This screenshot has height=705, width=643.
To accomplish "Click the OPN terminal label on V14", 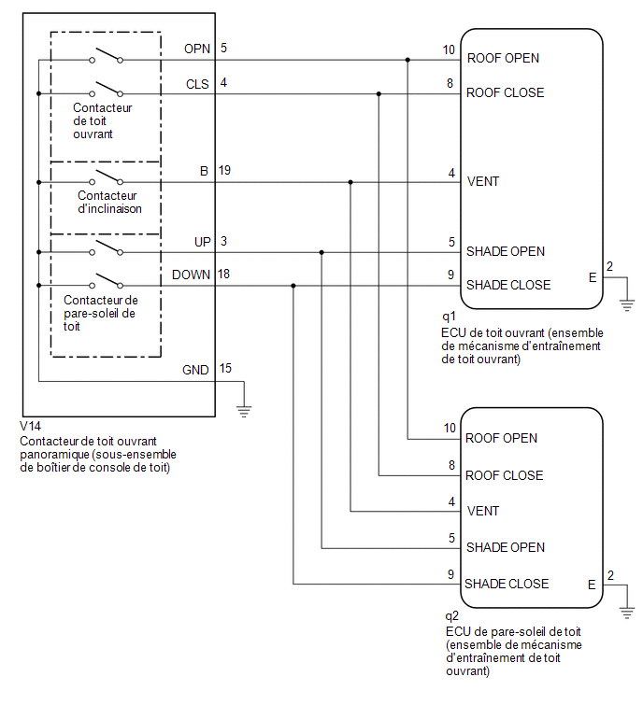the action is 197,49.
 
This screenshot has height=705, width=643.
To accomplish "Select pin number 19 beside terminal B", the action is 224,170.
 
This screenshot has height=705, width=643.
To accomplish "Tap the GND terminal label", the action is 195,370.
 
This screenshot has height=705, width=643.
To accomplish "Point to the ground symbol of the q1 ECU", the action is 627,305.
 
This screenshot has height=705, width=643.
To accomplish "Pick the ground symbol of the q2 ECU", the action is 627,613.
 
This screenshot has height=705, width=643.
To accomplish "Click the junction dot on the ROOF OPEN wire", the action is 407,60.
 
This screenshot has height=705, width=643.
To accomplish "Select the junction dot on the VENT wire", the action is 350,182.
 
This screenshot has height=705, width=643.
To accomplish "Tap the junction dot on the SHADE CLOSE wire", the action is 293,286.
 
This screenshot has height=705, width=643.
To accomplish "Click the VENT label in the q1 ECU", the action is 483,182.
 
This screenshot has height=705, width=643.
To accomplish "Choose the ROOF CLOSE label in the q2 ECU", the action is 504,475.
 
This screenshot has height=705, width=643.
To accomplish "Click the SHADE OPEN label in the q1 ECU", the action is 506,251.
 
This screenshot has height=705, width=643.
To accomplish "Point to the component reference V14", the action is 31,426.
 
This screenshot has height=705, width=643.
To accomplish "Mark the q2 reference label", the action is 451,616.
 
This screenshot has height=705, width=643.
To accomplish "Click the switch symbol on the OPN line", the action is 107,55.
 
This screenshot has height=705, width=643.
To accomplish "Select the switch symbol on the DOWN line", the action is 107,280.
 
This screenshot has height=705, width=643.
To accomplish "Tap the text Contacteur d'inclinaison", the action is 109,203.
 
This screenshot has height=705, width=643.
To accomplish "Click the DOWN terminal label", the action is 191,275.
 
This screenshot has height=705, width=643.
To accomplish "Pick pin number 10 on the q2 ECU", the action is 450,428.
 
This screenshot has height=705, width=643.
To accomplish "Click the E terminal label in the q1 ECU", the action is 593,278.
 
